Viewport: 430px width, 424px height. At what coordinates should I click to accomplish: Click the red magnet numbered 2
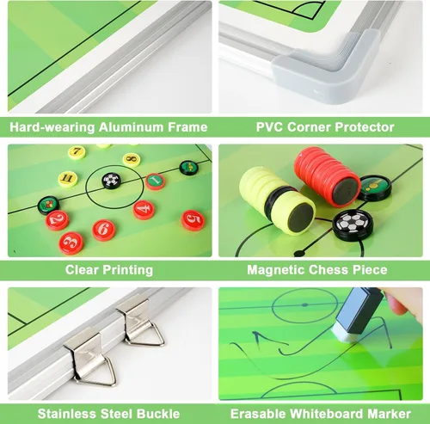(58, 220)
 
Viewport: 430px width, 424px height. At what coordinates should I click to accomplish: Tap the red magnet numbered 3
(71, 243)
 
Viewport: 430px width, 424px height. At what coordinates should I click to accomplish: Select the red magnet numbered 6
(104, 230)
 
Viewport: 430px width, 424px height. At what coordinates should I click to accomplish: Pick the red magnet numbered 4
(144, 210)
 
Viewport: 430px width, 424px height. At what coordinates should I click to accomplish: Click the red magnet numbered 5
(193, 220)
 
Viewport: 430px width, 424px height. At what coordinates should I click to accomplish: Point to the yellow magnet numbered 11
(68, 179)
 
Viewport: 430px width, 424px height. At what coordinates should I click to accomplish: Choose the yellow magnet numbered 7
(77, 152)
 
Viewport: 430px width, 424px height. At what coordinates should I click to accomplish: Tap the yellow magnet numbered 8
(132, 160)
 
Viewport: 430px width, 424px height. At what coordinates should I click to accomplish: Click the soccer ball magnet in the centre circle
(112, 181)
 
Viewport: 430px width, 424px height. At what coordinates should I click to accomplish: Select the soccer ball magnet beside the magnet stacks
(353, 224)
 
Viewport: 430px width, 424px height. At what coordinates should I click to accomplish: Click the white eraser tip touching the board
(344, 335)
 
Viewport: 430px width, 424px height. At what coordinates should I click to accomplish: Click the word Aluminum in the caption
(132, 127)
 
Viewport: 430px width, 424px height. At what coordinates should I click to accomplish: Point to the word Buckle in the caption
(158, 414)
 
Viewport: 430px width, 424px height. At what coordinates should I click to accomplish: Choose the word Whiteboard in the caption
(327, 414)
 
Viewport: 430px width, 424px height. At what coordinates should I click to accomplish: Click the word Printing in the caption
(128, 270)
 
